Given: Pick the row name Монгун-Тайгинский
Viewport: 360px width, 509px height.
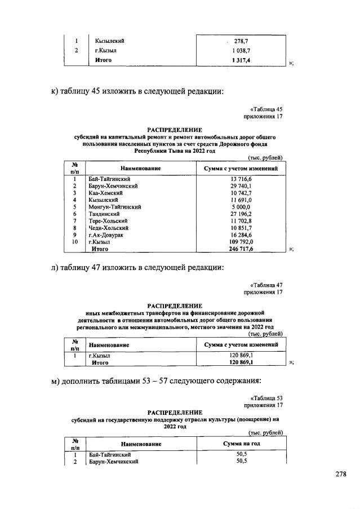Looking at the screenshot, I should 114,207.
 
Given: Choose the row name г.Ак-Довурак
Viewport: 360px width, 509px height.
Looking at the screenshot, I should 108,235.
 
